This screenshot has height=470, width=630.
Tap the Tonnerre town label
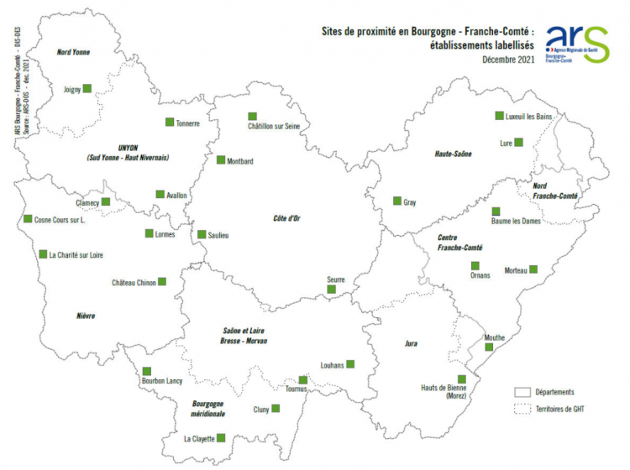click(187, 124)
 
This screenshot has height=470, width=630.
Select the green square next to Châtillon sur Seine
click(252, 117)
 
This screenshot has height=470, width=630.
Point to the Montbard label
click(239, 160)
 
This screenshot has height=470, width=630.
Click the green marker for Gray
click(397, 201)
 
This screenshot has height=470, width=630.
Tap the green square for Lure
click(518, 143)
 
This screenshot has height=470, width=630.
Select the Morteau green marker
click(533, 269)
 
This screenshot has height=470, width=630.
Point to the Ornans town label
click(480, 275)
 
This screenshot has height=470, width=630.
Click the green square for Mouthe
click(489, 347)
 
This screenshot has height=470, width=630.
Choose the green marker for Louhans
click(350, 364)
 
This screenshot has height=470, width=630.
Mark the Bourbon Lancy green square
click(147, 371)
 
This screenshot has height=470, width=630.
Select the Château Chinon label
click(134, 283)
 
